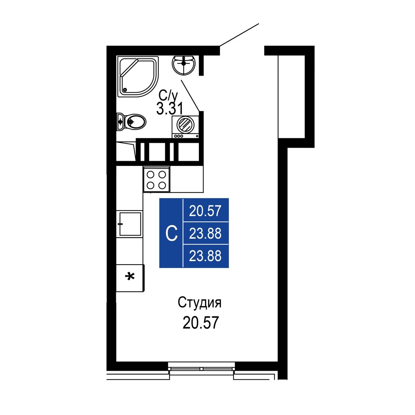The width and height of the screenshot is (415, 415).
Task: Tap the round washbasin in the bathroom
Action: click(x=184, y=65)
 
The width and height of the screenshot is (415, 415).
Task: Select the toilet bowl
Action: click(x=131, y=122)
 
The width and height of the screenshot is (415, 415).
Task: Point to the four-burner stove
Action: click(x=157, y=179)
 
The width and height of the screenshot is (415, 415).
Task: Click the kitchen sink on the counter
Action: click(x=130, y=224)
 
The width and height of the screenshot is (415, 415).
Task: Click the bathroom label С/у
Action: click(x=168, y=96)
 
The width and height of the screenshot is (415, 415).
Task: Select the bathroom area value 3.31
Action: click(x=169, y=108)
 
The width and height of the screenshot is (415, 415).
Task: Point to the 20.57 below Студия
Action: click(x=201, y=323)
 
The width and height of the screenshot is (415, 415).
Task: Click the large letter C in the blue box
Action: click(x=172, y=233)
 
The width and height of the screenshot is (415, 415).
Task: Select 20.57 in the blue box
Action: click(x=205, y=211)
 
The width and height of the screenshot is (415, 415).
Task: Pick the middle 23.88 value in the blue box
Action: click(x=205, y=233)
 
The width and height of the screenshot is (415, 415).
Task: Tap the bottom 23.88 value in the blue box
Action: click(x=205, y=256)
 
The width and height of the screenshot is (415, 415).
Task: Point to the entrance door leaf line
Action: click(x=239, y=35)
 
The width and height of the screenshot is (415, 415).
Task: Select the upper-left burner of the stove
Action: click(x=150, y=174)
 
